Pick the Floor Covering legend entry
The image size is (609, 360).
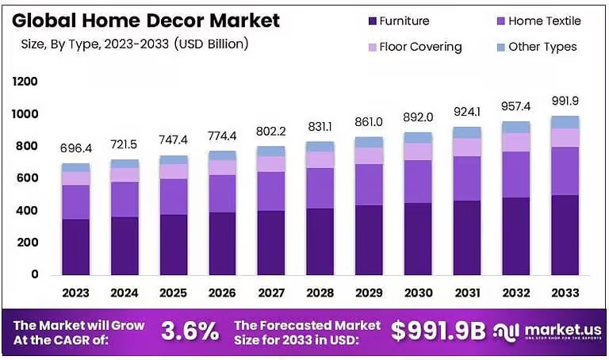(x=420, y=47)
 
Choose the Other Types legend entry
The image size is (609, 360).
(x=542, y=47)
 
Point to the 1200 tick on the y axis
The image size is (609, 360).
(x=25, y=82)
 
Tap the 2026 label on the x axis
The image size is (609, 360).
(x=222, y=293)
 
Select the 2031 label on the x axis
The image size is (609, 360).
(x=469, y=293)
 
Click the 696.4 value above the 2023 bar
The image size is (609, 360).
(x=75, y=148)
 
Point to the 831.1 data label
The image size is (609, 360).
(x=320, y=126)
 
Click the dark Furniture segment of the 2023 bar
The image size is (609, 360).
(x=76, y=247)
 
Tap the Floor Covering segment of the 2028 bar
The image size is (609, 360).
(x=320, y=159)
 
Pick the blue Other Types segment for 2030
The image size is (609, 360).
(x=419, y=137)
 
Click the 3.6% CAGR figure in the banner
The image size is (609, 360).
(x=190, y=332)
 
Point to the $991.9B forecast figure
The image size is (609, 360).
(x=438, y=332)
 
